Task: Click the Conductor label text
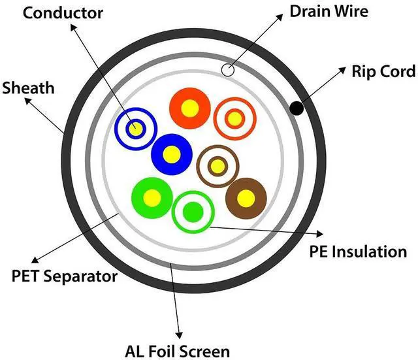[x=63, y=13]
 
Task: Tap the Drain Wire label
[x=329, y=11]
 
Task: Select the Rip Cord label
[x=383, y=71]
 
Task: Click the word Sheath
[x=28, y=88]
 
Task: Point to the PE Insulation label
[x=358, y=252]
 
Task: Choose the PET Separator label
[x=65, y=276]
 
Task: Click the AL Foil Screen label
[x=177, y=352]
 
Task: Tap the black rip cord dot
[x=297, y=108]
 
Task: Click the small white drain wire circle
[x=228, y=70]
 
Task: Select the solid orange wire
[x=190, y=108]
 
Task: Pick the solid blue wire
[x=172, y=154]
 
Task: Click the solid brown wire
[x=246, y=199]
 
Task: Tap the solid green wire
[x=152, y=198]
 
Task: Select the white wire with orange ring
[x=235, y=119]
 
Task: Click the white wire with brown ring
[x=217, y=167]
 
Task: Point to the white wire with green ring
[x=193, y=212]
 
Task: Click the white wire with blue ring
[x=136, y=129]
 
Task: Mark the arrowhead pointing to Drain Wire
[x=280, y=17]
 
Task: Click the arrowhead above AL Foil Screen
[x=180, y=335]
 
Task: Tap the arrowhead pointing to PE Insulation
[x=319, y=234]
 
